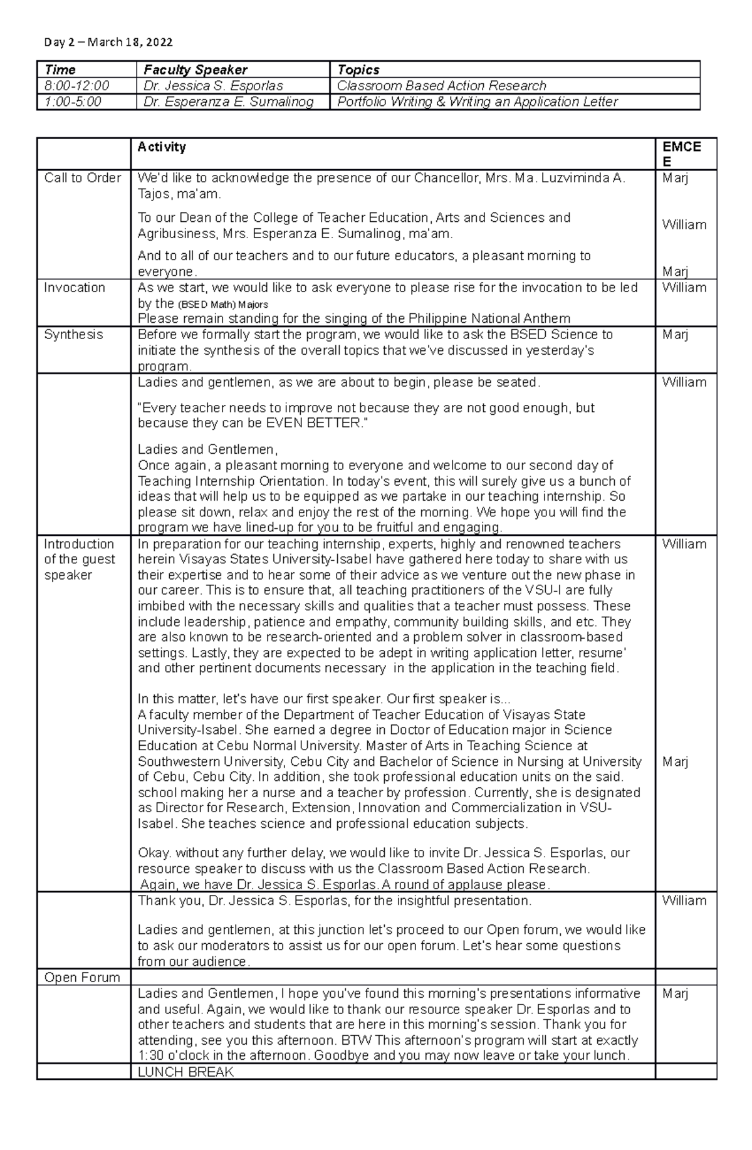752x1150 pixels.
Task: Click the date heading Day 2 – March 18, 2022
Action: point(108,42)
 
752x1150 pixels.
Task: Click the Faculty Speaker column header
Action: point(195,70)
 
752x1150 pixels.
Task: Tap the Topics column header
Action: point(358,70)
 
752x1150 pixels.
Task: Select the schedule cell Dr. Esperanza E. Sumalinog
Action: point(228,102)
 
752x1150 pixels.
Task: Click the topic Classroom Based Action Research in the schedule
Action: point(441,86)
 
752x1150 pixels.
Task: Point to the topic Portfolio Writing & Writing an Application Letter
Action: point(478,102)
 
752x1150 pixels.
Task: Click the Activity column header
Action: point(162,147)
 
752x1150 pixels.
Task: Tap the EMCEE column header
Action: point(681,154)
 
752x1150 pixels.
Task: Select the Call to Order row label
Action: point(82,178)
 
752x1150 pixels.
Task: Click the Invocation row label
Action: point(75,288)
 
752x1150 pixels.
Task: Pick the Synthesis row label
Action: point(73,335)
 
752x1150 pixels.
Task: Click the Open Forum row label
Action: point(82,978)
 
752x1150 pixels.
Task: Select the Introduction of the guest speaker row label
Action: point(80,560)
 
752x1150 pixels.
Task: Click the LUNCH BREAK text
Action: point(185,1072)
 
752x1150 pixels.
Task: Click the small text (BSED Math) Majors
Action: point(223,305)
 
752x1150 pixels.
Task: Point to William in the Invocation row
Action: point(684,288)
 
